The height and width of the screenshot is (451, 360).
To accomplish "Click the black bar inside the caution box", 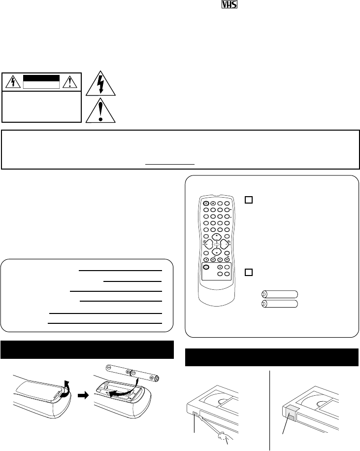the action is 42,78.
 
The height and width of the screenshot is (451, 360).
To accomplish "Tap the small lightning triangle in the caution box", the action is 15,81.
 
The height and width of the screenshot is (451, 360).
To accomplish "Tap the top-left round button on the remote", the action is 206,204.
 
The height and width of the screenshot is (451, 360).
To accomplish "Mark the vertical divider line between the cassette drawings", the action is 270,409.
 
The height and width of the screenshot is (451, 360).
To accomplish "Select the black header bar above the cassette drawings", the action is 271,357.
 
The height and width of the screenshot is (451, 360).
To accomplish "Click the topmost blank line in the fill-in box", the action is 120,271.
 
